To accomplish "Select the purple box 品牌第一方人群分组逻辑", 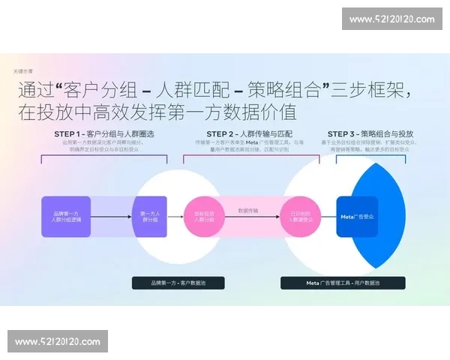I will pos(66,217).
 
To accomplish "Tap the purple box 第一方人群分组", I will pos(149,217).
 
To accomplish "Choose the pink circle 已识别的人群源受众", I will pos(300,217).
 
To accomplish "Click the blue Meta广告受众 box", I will pos(358,217).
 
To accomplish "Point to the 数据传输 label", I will pos(248,211).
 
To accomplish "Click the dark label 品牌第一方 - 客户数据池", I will pos(178,283).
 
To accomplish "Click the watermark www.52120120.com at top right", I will pos(391,19).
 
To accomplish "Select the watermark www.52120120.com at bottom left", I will pos(57,342).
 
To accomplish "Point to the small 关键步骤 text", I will pos(24,72).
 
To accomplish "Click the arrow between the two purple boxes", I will pos(111,217).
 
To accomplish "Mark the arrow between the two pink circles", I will pos(248,219).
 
